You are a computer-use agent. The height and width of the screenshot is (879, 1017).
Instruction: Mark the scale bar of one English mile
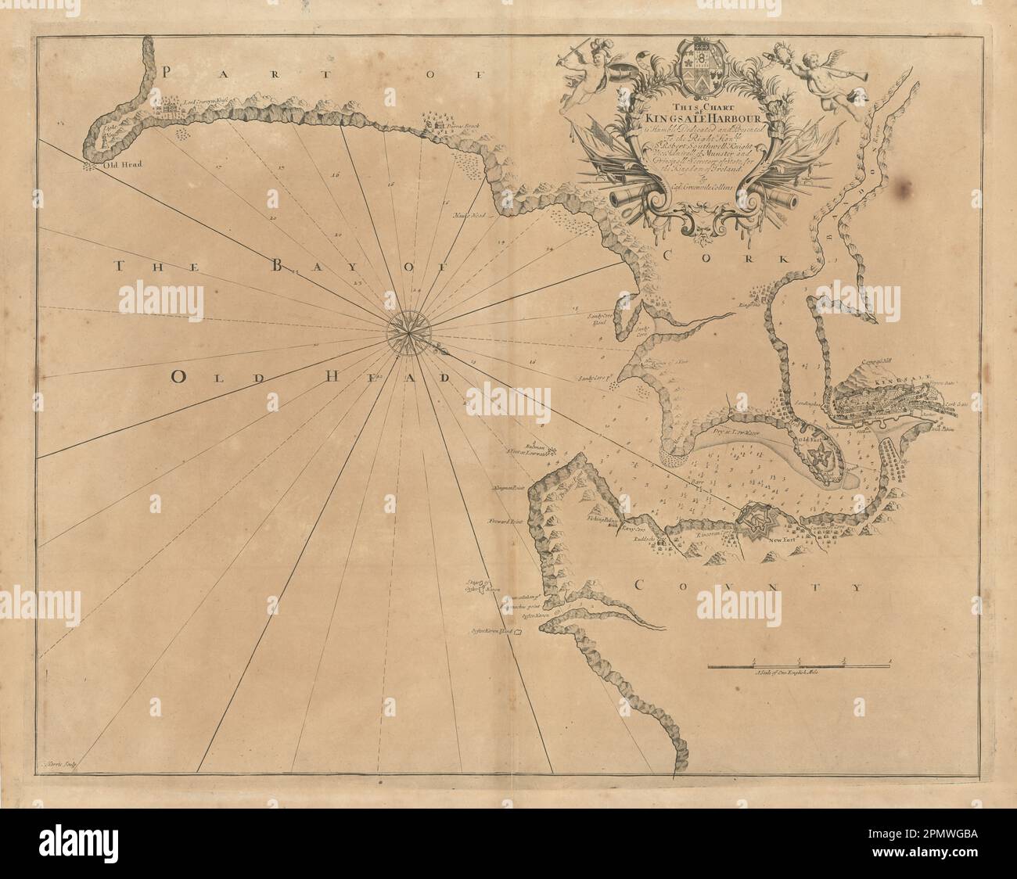tap(800, 666)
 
